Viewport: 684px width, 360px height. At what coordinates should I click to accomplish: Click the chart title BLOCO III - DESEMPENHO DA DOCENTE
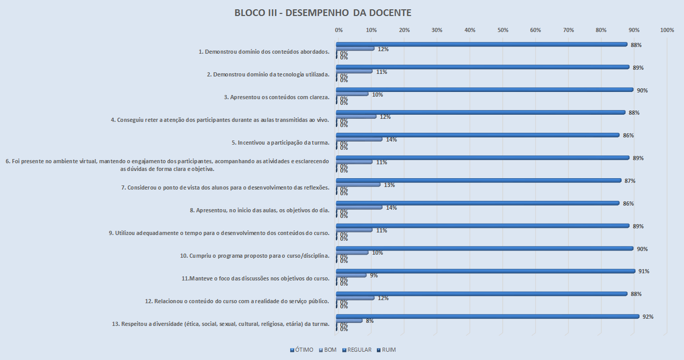coord(323,13)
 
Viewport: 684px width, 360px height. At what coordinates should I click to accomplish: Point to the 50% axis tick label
coord(503,30)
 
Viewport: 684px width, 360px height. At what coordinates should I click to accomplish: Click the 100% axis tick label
coord(667,30)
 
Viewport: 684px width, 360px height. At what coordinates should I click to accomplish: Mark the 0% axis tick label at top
coord(339,30)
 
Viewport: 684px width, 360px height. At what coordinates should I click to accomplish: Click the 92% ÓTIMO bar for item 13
coord(487,317)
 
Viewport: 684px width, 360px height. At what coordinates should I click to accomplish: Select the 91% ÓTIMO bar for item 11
coord(485,271)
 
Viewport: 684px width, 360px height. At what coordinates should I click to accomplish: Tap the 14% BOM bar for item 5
coord(359,139)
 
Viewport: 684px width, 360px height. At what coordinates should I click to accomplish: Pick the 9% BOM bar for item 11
coord(351,275)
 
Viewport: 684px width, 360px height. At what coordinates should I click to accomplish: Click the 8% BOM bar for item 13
coord(349,321)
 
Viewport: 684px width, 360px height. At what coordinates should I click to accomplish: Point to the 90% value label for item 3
coord(642,90)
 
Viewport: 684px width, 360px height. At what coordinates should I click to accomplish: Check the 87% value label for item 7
coord(629,181)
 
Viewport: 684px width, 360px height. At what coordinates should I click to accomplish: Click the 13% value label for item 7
coord(389,185)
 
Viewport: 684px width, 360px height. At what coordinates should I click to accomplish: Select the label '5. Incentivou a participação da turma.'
coord(280,142)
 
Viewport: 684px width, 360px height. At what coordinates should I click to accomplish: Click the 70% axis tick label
coord(568,30)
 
